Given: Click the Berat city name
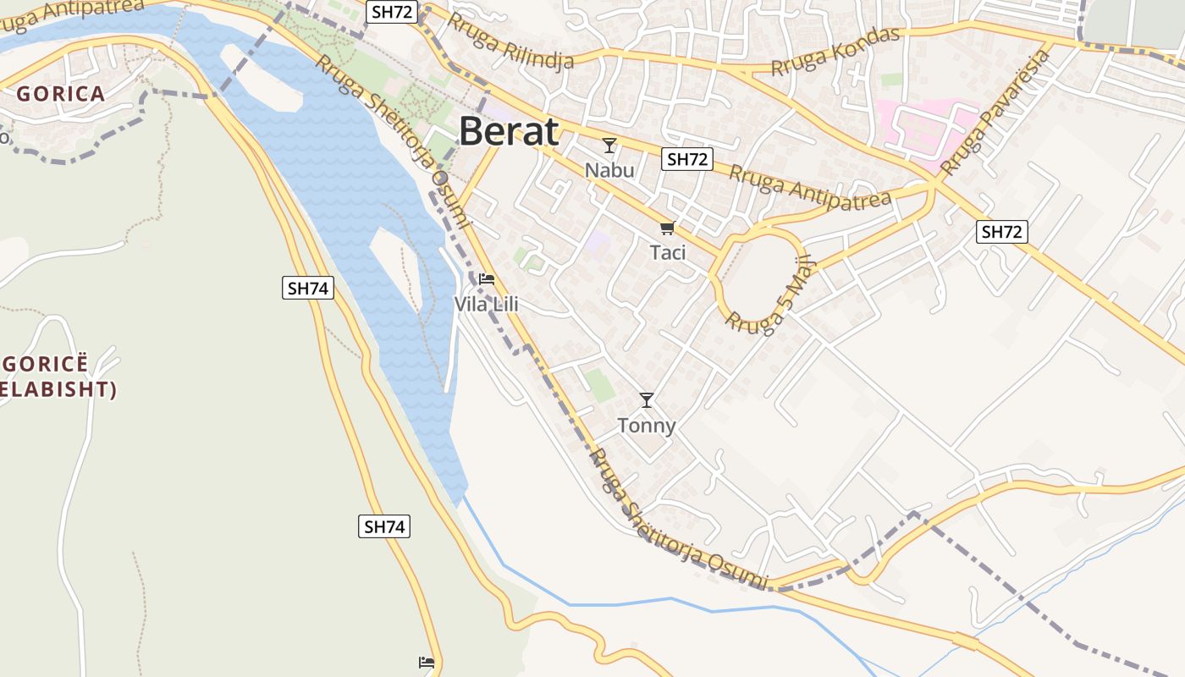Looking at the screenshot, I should (x=509, y=132).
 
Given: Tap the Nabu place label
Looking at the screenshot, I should (x=609, y=170).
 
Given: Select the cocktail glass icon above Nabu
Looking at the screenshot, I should (x=609, y=146).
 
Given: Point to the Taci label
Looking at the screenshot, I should (x=668, y=252).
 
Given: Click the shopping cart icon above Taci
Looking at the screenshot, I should (x=668, y=228).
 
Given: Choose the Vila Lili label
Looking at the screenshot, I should (x=486, y=304).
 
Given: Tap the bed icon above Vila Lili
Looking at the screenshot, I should (x=487, y=279).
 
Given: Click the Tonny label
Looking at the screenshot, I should (x=647, y=425).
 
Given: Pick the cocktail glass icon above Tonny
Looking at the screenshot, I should (x=647, y=400).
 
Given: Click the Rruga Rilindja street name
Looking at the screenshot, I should (x=510, y=41).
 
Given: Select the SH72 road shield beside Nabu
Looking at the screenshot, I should (x=688, y=159).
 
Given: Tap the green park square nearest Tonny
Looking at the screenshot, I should (x=600, y=385).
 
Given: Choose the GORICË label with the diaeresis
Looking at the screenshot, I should (x=45, y=365).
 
